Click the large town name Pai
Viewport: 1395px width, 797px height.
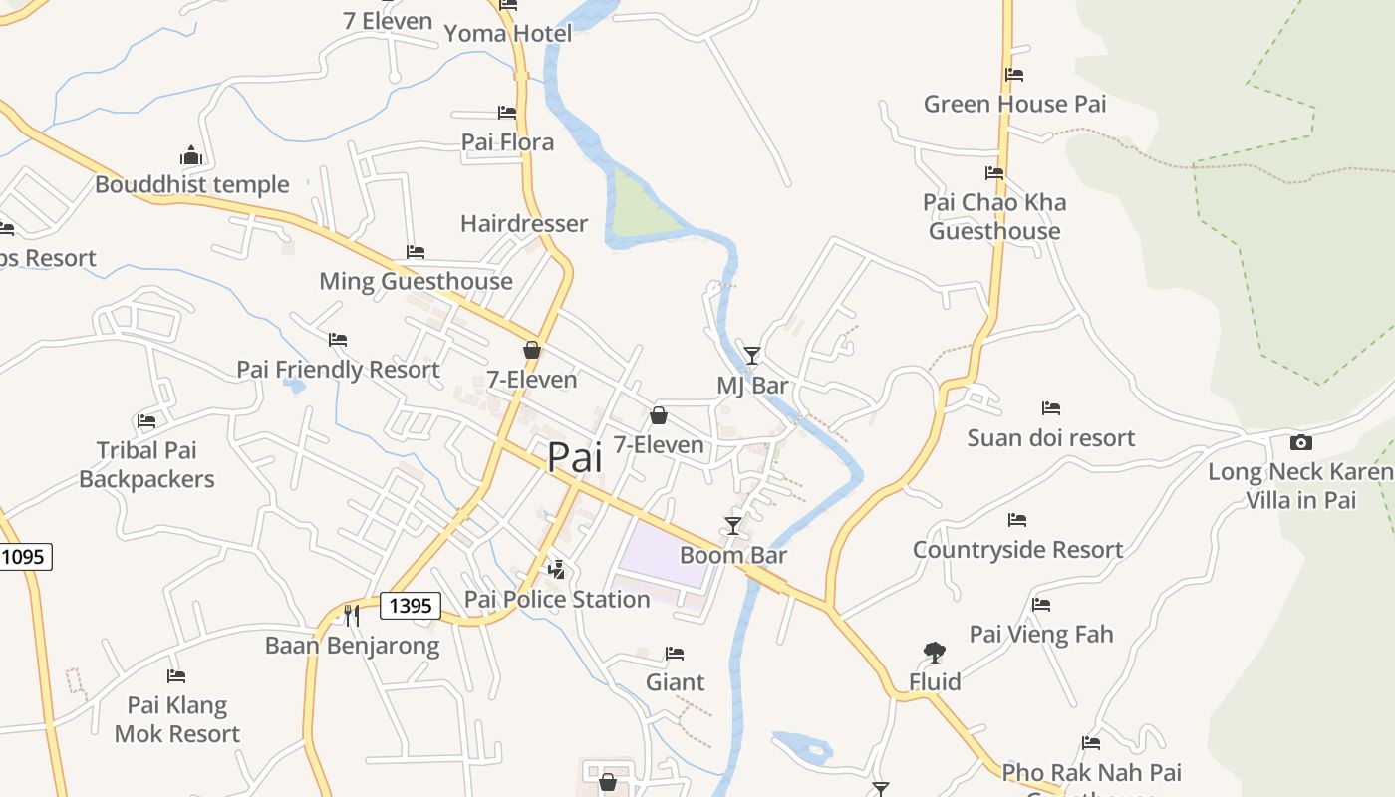click(x=575, y=456)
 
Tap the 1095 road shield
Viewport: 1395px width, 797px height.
click(x=23, y=556)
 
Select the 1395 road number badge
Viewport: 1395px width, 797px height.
click(x=410, y=605)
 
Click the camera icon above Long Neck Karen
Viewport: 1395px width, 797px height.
click(x=1300, y=443)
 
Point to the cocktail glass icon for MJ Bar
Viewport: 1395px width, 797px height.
click(x=752, y=355)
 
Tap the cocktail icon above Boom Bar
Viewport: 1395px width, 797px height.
click(x=733, y=525)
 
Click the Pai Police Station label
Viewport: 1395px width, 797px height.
click(x=557, y=599)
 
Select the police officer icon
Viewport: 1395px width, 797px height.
click(x=557, y=569)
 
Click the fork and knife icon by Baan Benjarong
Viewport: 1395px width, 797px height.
click(x=351, y=615)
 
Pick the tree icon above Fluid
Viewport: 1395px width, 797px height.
click(x=934, y=653)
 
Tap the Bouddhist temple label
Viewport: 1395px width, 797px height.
click(x=192, y=184)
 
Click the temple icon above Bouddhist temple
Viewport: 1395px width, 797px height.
click(x=191, y=155)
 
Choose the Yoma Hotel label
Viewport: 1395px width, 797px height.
click(x=508, y=34)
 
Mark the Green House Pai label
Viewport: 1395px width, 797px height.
click(x=1014, y=104)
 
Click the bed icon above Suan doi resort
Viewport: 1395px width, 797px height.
click(x=1050, y=408)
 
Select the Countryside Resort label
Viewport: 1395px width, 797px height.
click(x=1017, y=550)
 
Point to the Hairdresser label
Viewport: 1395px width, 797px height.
click(x=524, y=223)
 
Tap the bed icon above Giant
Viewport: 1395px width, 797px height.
click(x=675, y=654)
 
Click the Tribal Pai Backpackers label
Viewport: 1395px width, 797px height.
click(x=146, y=465)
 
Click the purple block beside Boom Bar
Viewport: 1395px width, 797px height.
click(x=665, y=553)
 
